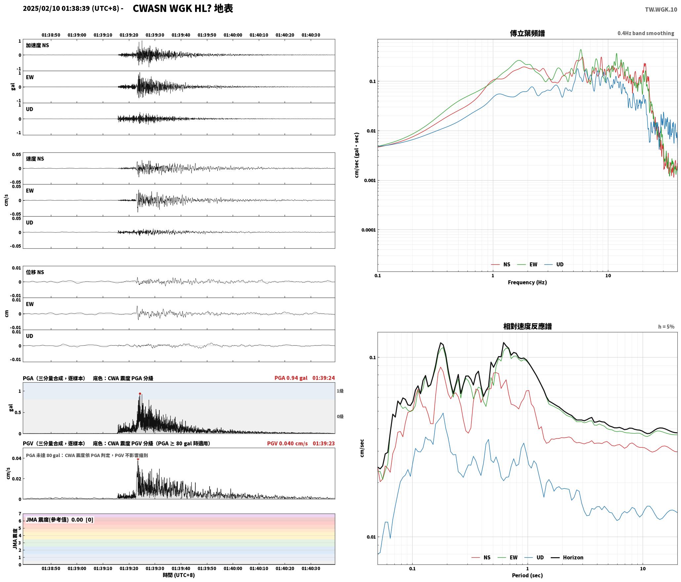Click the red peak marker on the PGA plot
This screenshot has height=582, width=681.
pos(140,394)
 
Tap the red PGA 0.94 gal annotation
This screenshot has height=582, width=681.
pos(291,378)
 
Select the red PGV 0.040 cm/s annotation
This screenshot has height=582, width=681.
pos(287,443)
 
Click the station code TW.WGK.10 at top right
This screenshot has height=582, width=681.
pos(661,10)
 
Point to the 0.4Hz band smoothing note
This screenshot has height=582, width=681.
pos(646,33)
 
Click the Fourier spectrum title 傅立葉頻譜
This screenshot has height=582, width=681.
pos(527,33)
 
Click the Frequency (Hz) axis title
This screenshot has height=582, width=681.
pos(527,282)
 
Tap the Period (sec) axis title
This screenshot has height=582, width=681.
pos(527,575)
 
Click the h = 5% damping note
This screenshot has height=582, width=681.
pos(666,327)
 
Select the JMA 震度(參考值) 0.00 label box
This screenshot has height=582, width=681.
pos(60,520)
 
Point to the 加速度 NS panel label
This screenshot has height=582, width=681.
pos(37,45)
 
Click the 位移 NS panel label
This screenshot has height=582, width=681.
pos(35,272)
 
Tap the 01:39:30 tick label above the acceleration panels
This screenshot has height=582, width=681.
pos(155,35)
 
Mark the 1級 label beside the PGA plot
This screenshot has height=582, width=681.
pos(340,391)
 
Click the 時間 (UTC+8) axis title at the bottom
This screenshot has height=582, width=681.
pos(179,575)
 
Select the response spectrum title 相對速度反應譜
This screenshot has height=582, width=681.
pos(527,326)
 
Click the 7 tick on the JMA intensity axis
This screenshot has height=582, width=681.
pos(20,514)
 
